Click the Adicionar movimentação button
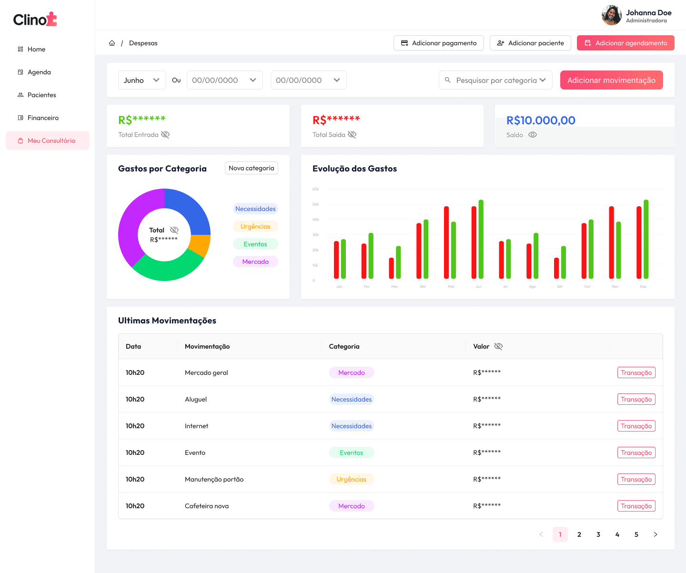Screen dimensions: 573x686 (611, 80)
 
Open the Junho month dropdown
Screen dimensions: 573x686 (141, 80)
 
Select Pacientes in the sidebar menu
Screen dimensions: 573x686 (42, 95)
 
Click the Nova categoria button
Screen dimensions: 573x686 (251, 168)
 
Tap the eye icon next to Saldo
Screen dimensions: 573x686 (533, 135)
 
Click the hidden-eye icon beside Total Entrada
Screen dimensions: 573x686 (165, 135)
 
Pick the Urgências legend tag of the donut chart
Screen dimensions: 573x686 (255, 226)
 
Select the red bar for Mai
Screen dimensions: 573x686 (446, 242)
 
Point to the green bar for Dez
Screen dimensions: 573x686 (646, 239)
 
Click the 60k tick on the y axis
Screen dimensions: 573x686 (315, 189)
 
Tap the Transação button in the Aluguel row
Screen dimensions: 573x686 (636, 399)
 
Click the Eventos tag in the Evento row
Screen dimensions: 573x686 (351, 452)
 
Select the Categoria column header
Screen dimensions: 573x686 (344, 346)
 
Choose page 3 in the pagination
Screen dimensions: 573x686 (598, 534)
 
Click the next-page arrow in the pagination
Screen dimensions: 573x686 (656, 534)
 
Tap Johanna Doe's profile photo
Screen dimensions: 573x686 (611, 15)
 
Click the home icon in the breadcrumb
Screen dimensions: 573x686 (112, 43)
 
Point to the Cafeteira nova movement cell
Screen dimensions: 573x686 (207, 506)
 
